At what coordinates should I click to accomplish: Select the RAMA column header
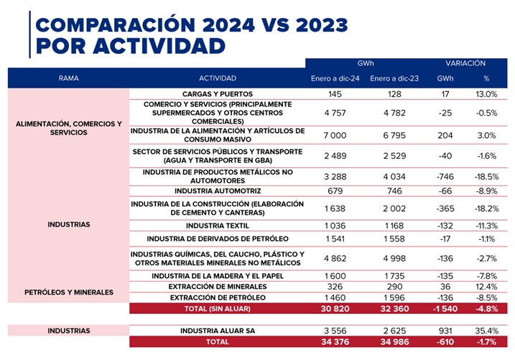pyautogui.click(x=69, y=78)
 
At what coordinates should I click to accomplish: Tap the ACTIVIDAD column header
pyautogui.click(x=217, y=78)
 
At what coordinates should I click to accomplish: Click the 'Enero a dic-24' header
pyautogui.click(x=335, y=78)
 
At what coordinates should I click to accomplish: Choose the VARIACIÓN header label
pyautogui.click(x=465, y=63)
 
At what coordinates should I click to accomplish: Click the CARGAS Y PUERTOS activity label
pyautogui.click(x=217, y=94)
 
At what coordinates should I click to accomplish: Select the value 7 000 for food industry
pyautogui.click(x=335, y=135)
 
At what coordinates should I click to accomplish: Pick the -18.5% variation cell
pyautogui.click(x=486, y=176)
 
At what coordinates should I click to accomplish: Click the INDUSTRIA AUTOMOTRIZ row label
pyautogui.click(x=217, y=190)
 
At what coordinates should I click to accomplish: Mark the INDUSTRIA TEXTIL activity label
pyautogui.click(x=217, y=226)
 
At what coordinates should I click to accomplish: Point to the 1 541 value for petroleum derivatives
pyautogui.click(x=335, y=239)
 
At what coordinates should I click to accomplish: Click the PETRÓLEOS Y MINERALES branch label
pyautogui.click(x=69, y=292)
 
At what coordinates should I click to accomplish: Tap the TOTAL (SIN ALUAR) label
pyautogui.click(x=217, y=308)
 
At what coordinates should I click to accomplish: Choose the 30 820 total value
pyautogui.click(x=335, y=308)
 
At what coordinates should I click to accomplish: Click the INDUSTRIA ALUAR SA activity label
pyautogui.click(x=217, y=331)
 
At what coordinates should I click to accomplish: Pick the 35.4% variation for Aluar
pyautogui.click(x=486, y=331)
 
